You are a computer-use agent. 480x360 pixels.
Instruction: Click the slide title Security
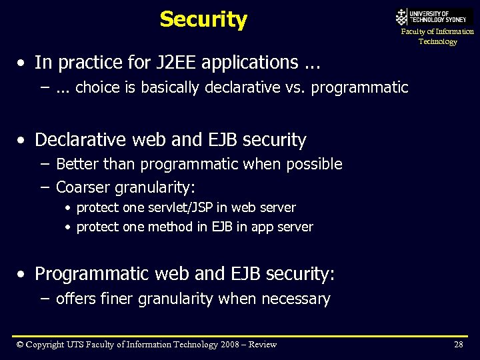tap(203, 19)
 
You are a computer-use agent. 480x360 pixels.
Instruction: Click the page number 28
tap(458, 345)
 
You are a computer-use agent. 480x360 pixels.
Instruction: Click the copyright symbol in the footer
tap(20, 345)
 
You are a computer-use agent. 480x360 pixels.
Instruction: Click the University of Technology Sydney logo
tap(434, 17)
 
